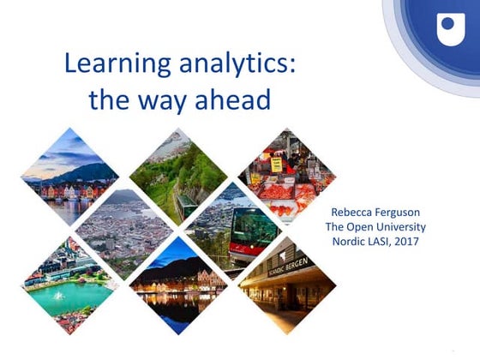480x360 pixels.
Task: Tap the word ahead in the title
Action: (x=230, y=99)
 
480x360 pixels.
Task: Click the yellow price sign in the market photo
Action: (x=276, y=162)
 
